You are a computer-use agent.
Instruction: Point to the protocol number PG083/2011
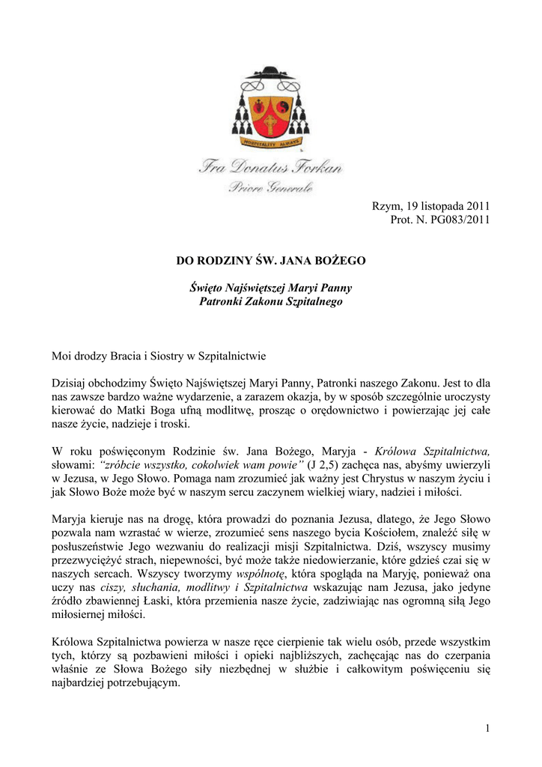tap(460, 219)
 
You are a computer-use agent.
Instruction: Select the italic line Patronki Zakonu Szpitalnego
tap(270, 301)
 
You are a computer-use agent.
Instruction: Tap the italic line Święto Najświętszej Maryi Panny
tap(270, 288)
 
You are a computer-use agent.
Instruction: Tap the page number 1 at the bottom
tap(487, 729)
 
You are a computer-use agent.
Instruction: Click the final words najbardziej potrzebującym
tap(116, 682)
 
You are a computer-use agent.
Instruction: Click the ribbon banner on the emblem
tap(271, 142)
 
